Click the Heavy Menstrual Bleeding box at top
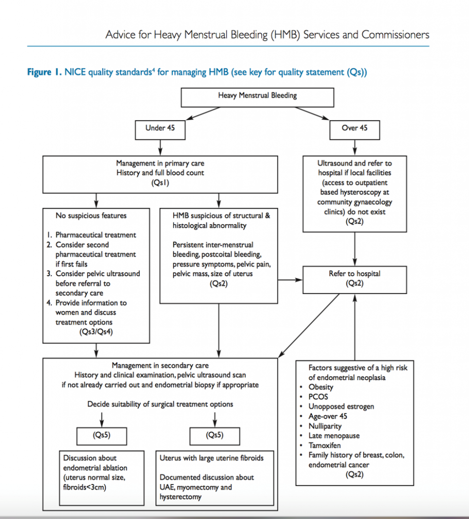point(257,96)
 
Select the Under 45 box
point(160,128)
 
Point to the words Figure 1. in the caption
point(44,72)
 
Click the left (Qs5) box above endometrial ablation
point(101,435)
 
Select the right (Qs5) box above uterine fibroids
point(215,435)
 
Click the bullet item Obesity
point(320,387)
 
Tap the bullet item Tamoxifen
point(324,446)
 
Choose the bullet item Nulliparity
point(325,426)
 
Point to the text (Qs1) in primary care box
point(160,182)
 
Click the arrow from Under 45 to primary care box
point(160,147)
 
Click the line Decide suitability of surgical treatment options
point(160,404)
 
